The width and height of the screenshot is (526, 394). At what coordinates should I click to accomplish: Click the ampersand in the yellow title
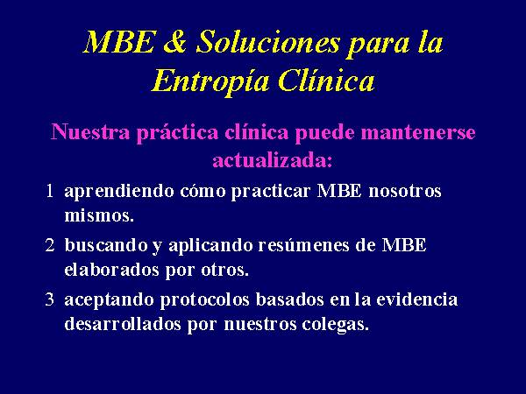pos(174,41)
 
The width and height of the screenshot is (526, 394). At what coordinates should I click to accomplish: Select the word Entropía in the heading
pos(210,81)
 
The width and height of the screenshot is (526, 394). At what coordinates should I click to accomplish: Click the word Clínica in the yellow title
pos(326,80)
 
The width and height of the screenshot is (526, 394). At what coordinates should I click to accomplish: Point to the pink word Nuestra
pos(90,131)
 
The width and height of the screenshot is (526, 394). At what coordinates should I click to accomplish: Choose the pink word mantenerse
pos(418,132)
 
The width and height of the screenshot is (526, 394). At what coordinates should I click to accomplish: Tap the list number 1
pos(50,191)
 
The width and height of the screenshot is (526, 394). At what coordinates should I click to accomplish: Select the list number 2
pos(50,245)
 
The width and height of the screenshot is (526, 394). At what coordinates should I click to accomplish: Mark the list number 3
pos(50,299)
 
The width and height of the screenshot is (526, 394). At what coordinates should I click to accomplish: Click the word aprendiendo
pos(119,193)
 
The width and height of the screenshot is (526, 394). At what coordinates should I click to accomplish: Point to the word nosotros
pos(405,192)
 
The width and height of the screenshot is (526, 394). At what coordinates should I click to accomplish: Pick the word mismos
pos(99,215)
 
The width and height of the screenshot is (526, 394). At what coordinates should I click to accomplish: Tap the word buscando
pos(106,245)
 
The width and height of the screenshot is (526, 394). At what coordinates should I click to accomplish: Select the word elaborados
pos(111,270)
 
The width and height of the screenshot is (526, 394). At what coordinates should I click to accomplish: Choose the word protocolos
pos(204,300)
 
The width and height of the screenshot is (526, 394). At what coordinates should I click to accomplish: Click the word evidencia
pos(417,299)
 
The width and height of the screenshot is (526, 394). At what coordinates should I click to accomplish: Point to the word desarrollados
pos(123,324)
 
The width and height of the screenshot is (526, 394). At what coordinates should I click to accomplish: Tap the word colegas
pos(336,325)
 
